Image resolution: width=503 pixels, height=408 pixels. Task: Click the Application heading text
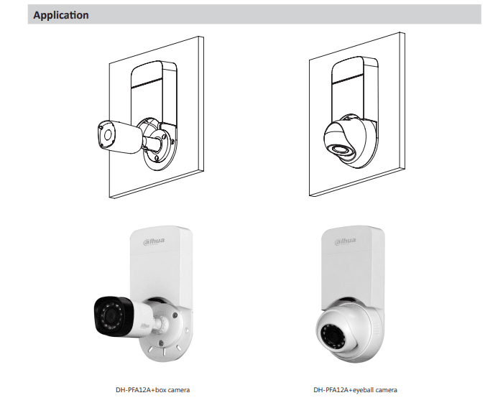pos(61,15)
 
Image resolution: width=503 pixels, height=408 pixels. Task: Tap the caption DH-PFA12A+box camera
pos(152,390)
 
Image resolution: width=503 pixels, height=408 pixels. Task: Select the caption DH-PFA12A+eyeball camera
pos(355,390)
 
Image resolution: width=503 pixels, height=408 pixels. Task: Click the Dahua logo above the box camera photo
pos(154,241)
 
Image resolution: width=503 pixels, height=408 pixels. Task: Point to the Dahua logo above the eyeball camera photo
pos(345,241)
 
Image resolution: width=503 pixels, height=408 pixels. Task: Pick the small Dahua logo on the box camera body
pos(144,325)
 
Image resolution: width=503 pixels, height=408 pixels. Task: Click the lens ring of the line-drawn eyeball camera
pos(342,150)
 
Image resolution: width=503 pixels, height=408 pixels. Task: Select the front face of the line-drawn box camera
pos(106,135)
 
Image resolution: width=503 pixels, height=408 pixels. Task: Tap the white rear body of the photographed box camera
pos(142,317)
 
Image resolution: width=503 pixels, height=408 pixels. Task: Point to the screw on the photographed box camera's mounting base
pos(175,315)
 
